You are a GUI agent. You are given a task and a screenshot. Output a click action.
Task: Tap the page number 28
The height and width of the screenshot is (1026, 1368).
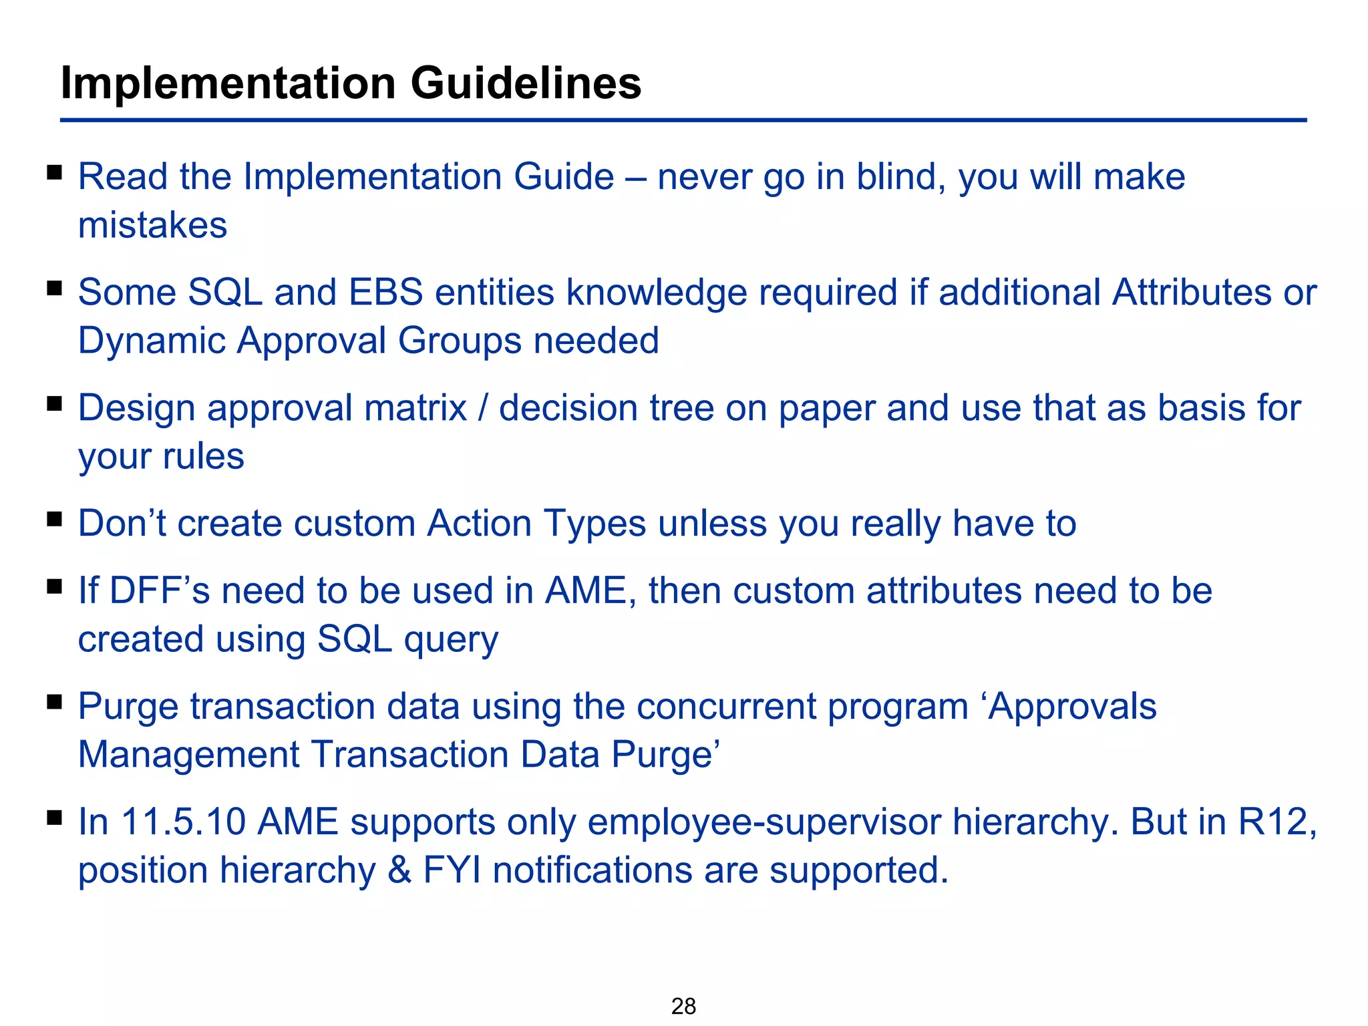(x=683, y=1005)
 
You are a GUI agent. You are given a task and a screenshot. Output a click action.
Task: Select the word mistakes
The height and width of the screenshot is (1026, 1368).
(x=152, y=225)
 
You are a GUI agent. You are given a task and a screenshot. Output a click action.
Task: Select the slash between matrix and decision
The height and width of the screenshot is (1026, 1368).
(x=483, y=408)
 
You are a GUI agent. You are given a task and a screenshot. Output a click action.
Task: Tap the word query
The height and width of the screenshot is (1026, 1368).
(x=451, y=641)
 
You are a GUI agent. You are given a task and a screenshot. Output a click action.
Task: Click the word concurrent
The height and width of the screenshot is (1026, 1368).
(x=725, y=707)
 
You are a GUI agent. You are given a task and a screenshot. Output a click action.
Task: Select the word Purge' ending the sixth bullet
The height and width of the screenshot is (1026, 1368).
(x=665, y=755)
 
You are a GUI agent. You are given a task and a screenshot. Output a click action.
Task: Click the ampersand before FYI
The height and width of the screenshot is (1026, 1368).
(x=399, y=870)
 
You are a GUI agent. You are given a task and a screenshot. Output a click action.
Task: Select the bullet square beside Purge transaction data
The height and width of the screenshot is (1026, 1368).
(x=55, y=702)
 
